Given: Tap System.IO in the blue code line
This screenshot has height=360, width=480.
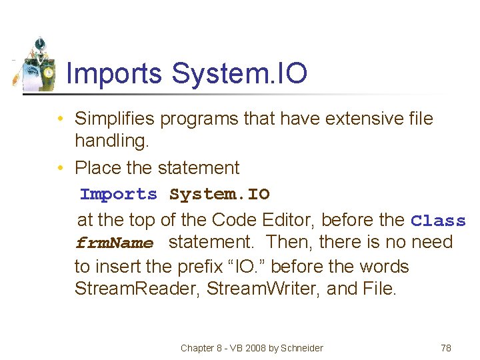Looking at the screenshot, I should (219, 195).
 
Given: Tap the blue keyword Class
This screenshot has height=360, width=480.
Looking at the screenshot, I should (438, 221).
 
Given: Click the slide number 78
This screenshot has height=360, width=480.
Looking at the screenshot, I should (446, 348).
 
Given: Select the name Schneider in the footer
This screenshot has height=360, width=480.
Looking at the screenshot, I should (302, 348).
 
